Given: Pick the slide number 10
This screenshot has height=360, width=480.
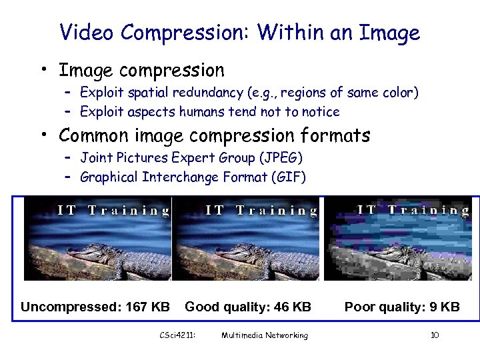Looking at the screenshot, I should pos(435,335).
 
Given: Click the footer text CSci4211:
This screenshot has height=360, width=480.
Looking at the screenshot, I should pos(177,335).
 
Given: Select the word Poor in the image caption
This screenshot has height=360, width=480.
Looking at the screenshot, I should pos(359,307).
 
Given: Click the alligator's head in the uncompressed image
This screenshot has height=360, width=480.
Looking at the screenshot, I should pos(87,251).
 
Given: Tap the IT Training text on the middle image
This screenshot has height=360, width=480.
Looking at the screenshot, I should pos(261,211).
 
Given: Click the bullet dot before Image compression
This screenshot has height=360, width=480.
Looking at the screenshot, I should pos(42,69).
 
